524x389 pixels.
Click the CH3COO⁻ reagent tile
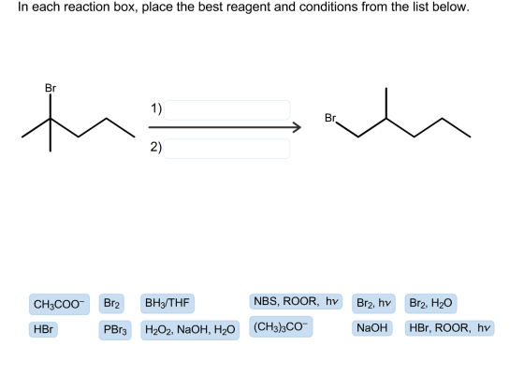(59, 304)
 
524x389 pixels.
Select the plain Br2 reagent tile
(111, 304)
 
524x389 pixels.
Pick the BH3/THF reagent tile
(167, 304)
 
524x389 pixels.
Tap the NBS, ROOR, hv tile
(296, 301)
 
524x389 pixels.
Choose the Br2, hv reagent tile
(373, 304)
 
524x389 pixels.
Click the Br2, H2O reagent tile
(430, 304)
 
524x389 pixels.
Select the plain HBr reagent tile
(43, 329)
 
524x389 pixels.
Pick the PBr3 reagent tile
(115, 330)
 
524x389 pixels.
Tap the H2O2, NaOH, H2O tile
(190, 330)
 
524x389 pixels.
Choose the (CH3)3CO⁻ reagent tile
(281, 327)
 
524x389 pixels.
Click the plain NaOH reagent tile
(372, 328)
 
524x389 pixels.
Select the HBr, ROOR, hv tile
(449, 328)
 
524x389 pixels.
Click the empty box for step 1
(226, 109)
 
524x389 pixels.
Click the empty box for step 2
(226, 149)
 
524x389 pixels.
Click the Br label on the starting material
(51, 88)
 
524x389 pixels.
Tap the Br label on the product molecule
(330, 118)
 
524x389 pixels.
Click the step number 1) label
(156, 108)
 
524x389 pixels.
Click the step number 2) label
(156, 147)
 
